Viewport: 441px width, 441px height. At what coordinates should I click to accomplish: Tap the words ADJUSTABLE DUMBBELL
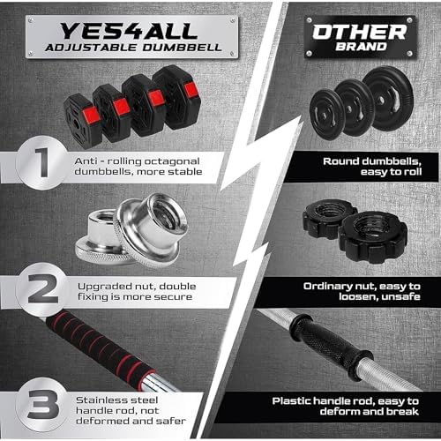pyautogui.click(x=123, y=48)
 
